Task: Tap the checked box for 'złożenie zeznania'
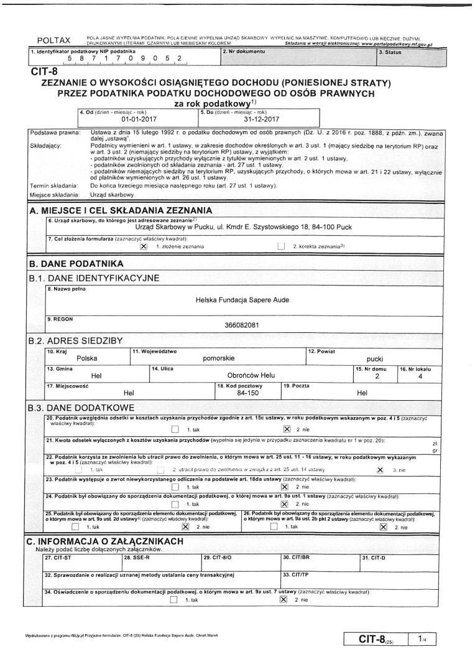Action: pos(144,246)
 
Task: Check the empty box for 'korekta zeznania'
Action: pos(281,246)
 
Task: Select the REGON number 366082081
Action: pos(242,325)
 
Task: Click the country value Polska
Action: pos(87,358)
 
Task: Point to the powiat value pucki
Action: pos(375,359)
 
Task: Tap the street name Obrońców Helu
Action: pos(252,376)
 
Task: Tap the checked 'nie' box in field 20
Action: pos(287,429)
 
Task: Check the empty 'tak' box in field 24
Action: pos(175,503)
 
